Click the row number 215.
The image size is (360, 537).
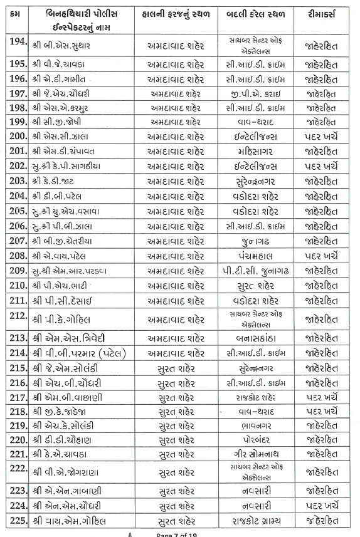(x=18, y=368)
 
